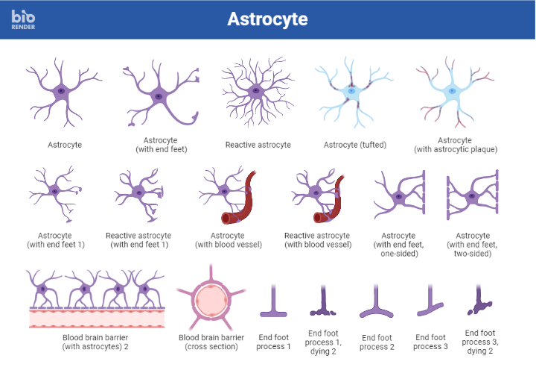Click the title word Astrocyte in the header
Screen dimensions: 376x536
point(267,19)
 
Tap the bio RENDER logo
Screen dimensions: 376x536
point(25,20)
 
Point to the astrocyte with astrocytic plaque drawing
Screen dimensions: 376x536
point(453,94)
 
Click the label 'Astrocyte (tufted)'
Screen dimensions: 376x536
point(355,145)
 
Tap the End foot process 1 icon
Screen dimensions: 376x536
point(273,301)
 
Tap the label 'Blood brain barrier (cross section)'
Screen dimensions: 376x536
point(212,342)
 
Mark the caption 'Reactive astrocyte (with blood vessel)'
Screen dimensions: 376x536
point(318,239)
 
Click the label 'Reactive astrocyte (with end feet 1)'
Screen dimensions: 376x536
point(138,239)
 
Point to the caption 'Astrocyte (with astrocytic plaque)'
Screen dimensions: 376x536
point(455,145)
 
